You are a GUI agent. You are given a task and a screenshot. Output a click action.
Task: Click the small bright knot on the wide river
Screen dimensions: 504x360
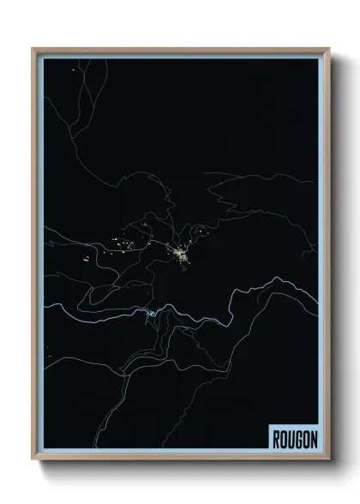click(x=149, y=315)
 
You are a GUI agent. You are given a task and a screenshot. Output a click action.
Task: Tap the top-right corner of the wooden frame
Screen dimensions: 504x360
click(x=327, y=49)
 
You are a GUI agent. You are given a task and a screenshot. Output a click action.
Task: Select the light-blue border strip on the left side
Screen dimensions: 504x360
click(x=39, y=257)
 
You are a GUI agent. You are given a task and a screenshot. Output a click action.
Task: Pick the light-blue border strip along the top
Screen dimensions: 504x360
click(x=180, y=54)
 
